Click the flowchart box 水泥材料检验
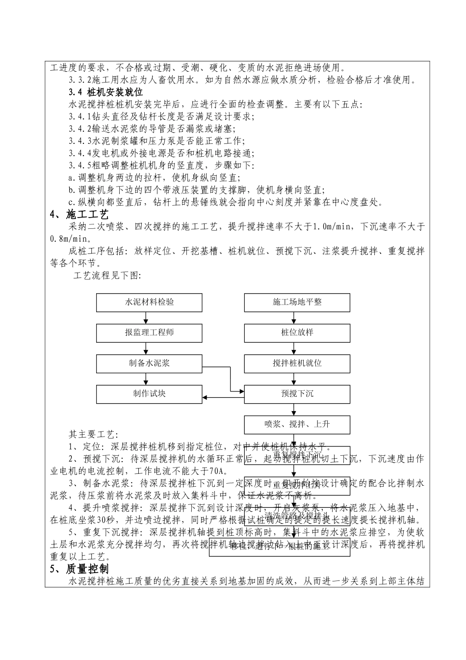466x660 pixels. [x=149, y=302]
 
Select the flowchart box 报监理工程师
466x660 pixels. [x=149, y=333]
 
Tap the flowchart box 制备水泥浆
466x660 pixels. [x=149, y=363]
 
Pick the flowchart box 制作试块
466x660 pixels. [x=149, y=394]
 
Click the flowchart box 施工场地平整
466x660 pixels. [x=297, y=302]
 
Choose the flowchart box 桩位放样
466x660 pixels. [x=297, y=333]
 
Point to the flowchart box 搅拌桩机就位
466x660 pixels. [x=297, y=363]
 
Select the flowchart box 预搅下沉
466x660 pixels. [x=297, y=394]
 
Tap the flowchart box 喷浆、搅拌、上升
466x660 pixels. [x=297, y=424]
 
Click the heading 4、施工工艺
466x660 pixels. [x=79, y=215]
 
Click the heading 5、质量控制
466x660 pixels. [x=79, y=569]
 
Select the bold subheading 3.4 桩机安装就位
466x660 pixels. [x=105, y=92]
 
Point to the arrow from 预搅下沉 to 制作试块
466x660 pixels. [x=223, y=398]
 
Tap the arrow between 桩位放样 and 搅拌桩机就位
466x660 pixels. [x=294, y=348]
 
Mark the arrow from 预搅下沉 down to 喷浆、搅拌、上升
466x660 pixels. [x=294, y=409]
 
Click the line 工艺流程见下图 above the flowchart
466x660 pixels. [x=107, y=275]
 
